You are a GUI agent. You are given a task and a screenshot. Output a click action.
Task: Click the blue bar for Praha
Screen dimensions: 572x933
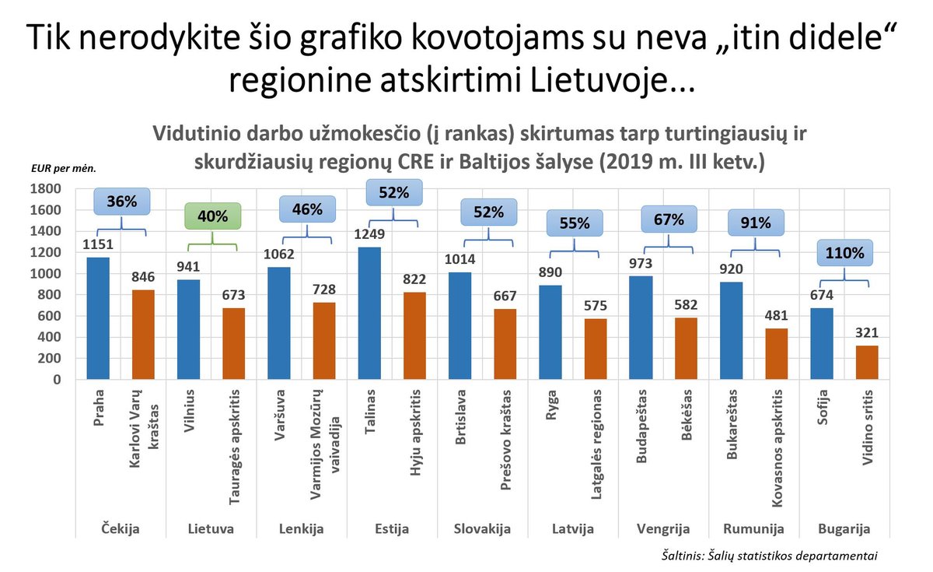coord(98,318)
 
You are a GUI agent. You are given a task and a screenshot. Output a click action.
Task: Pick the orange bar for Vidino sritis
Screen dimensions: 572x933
coord(866,362)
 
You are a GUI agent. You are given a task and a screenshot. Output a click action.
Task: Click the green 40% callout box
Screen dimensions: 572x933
coord(212,217)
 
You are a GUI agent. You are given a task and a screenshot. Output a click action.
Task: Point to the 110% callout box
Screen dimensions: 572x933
coord(844,253)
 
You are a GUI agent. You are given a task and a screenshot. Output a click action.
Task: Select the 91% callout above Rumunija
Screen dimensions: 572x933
coord(755,223)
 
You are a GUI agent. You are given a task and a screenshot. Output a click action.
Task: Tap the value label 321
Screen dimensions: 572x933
coord(866,334)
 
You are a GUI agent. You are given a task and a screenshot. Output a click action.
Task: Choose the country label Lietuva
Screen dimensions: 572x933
coord(211,530)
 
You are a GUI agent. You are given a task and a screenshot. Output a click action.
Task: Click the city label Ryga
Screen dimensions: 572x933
coord(550,403)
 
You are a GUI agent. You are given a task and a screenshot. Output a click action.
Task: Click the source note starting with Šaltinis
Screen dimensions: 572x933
coord(765,556)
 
